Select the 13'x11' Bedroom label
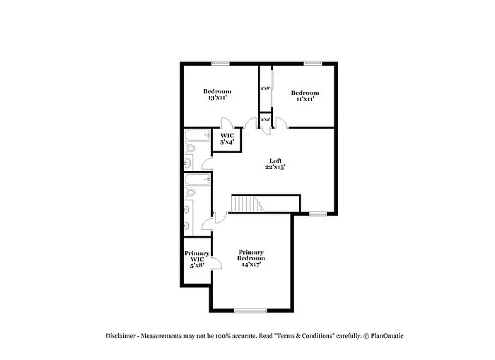coord(217,94)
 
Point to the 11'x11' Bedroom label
coord(305,95)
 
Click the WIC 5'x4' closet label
coord(227,139)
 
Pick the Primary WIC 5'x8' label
coord(197,259)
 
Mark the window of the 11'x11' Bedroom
coord(313,64)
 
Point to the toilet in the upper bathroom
coord(190,149)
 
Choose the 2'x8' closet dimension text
coord(265,88)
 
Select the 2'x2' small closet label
coord(265,120)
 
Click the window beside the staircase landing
coord(318,213)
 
